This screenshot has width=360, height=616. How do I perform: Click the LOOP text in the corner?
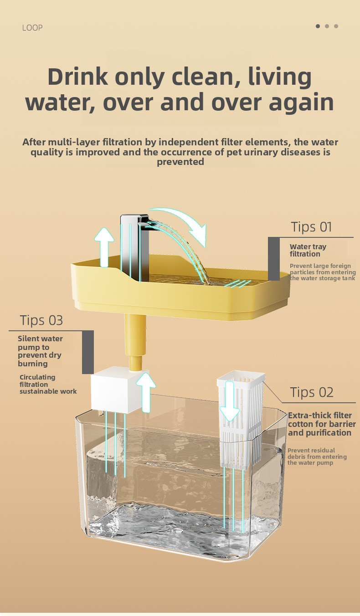tap(32, 28)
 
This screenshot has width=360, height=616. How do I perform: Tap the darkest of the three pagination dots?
tap(318, 26)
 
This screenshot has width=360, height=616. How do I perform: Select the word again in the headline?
tap(301, 103)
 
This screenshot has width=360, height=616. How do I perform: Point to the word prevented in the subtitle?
tap(180, 162)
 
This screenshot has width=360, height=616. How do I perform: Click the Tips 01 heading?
tap(311, 227)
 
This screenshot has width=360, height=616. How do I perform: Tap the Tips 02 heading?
tap(312, 392)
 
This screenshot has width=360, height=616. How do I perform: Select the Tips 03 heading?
tap(41, 320)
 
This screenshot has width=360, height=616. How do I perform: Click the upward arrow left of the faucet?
tap(104, 247)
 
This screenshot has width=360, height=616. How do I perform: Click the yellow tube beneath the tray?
tap(135, 343)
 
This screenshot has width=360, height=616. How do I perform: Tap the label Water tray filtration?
tap(308, 250)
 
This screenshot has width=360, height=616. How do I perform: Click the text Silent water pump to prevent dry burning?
tap(40, 351)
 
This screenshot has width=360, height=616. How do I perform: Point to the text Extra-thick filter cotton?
tap(320, 420)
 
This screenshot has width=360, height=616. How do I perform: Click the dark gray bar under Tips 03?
tap(88, 352)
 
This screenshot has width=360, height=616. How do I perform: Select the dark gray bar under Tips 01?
tap(274, 259)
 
